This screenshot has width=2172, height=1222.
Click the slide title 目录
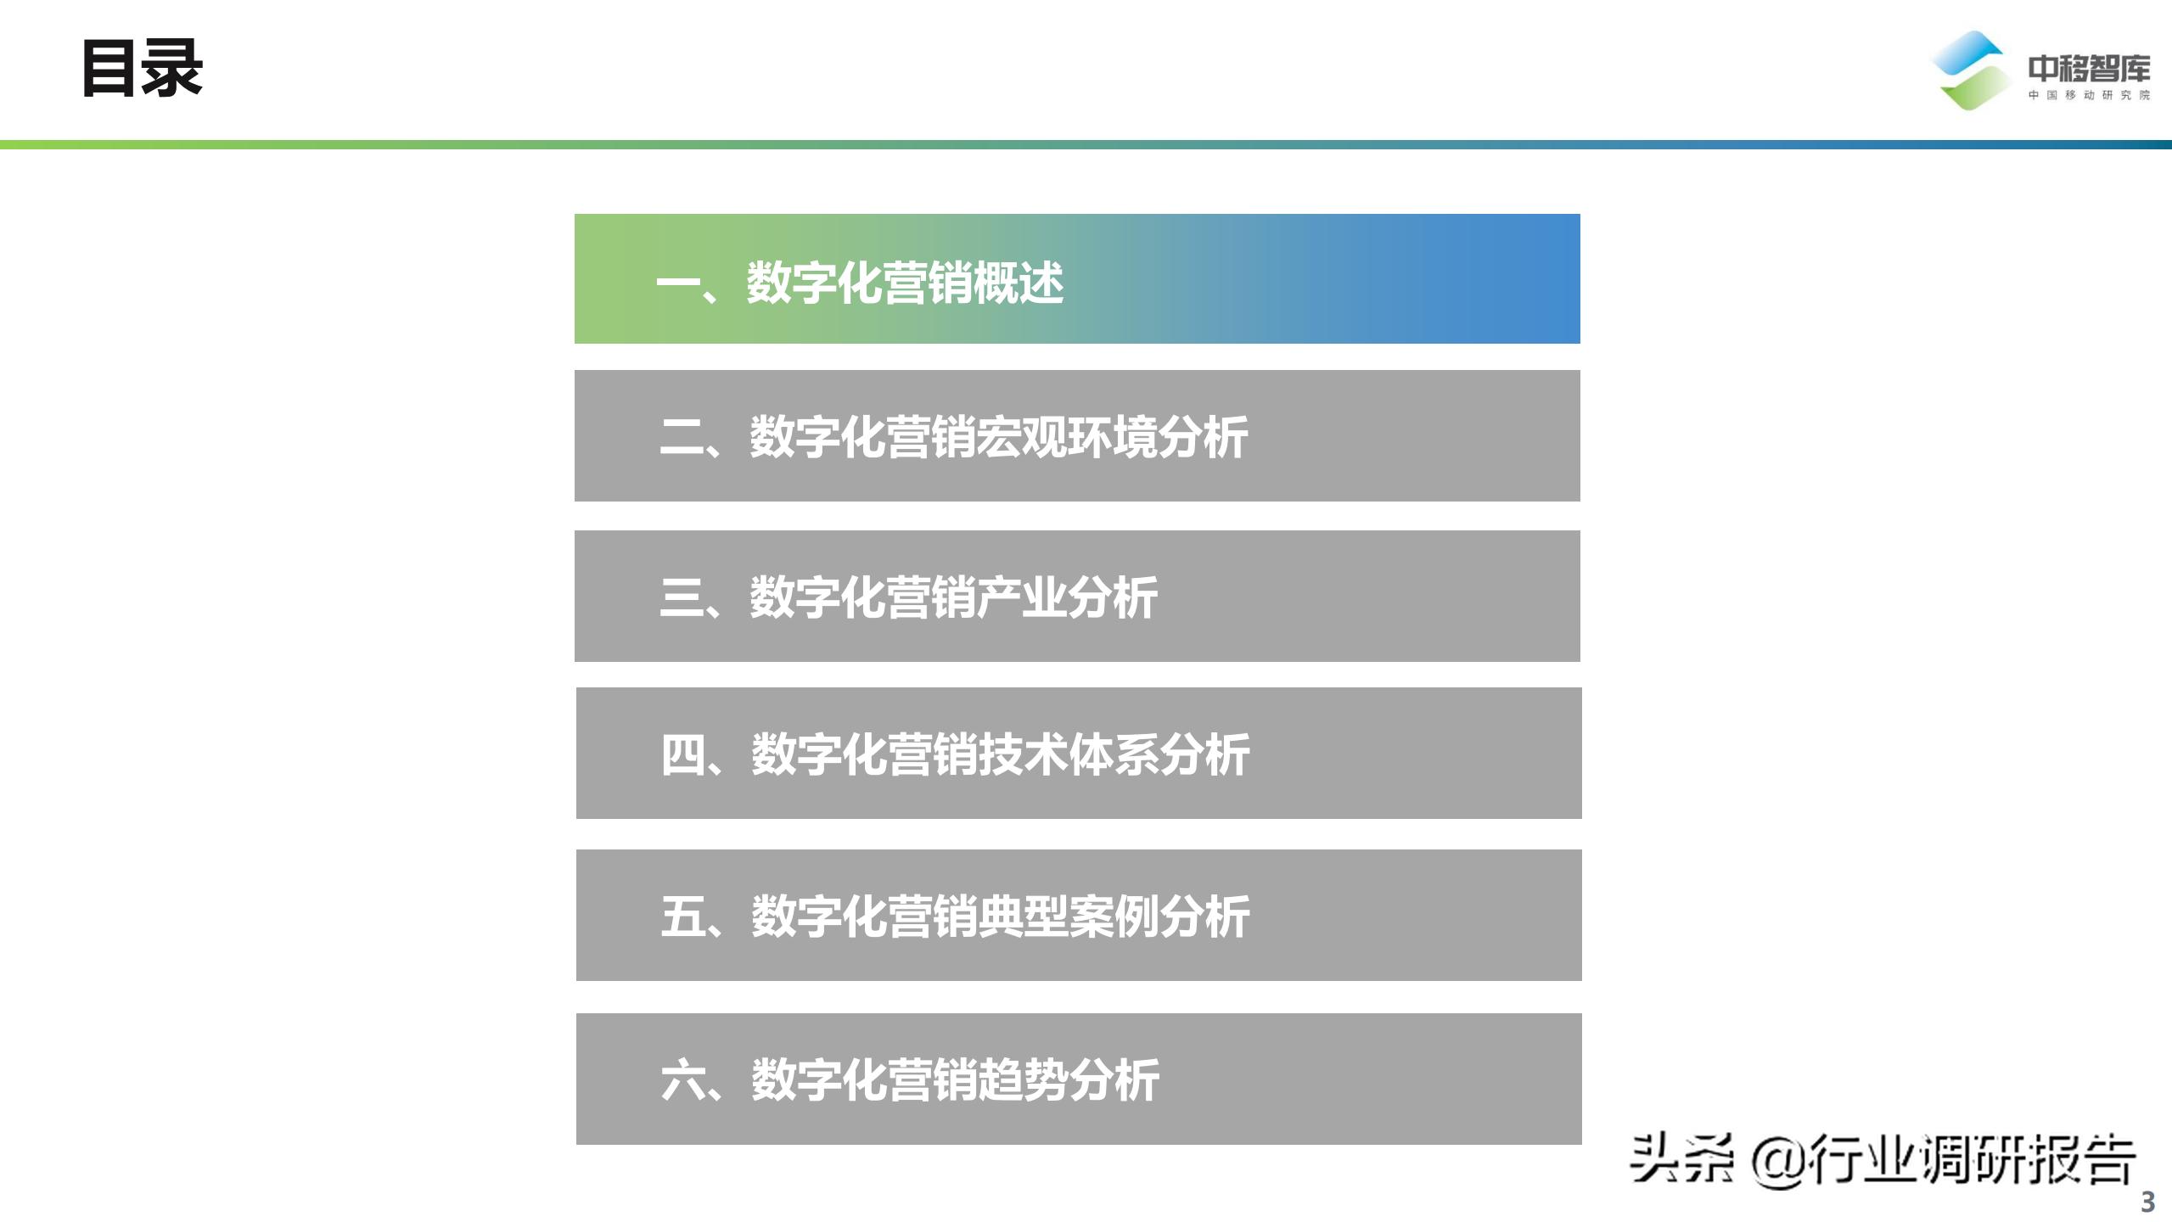pyautogui.click(x=142, y=69)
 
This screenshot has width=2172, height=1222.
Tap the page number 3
pyautogui.click(x=2147, y=1202)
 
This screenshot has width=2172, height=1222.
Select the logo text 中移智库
pyautogui.click(x=2089, y=69)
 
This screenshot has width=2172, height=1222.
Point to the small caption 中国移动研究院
pyautogui.click(x=2089, y=95)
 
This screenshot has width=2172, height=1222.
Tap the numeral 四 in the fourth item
pyautogui.click(x=682, y=754)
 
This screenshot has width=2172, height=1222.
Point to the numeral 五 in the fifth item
pyautogui.click(x=682, y=916)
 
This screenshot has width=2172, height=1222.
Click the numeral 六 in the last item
pyautogui.click(x=682, y=1080)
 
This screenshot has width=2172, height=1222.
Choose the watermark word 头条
pyautogui.click(x=1681, y=1158)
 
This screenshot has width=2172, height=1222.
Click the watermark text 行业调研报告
pyautogui.click(x=1972, y=1160)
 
